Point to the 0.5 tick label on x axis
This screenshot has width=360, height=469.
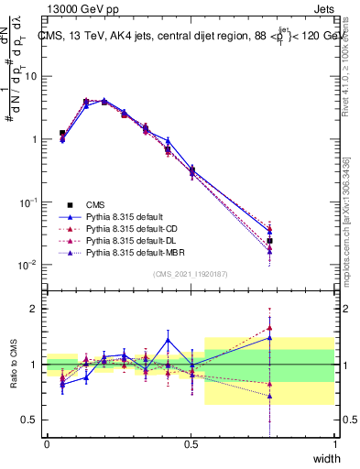(191, 444)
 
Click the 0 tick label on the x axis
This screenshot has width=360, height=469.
(47, 444)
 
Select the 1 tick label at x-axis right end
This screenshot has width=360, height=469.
(334, 444)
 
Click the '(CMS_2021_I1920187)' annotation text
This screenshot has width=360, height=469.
(191, 275)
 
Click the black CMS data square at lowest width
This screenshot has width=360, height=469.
(62, 134)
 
